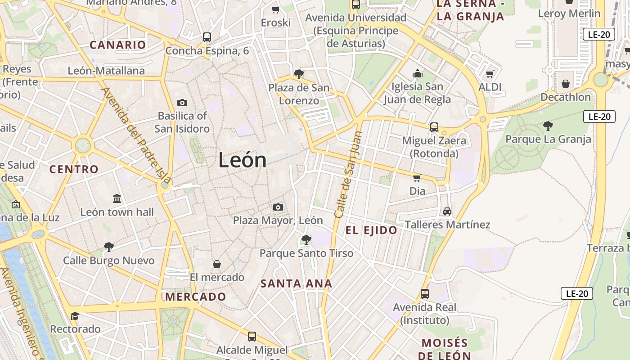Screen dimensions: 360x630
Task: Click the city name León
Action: pyautogui.click(x=242, y=160)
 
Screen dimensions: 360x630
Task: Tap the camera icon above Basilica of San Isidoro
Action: pyautogui.click(x=182, y=103)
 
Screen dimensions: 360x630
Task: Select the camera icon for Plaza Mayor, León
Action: pyautogui.click(x=278, y=207)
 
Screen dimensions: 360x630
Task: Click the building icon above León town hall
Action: pyautogui.click(x=117, y=198)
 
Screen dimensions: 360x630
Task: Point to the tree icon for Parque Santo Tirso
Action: pyautogui.click(x=306, y=239)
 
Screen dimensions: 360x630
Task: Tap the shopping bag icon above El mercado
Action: pyautogui.click(x=217, y=264)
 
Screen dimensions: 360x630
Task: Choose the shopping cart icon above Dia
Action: pyautogui.click(x=417, y=178)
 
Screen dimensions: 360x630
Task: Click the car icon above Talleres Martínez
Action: pyautogui.click(x=447, y=211)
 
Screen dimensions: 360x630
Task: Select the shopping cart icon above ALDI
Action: pyautogui.click(x=490, y=74)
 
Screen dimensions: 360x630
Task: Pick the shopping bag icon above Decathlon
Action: pyautogui.click(x=566, y=84)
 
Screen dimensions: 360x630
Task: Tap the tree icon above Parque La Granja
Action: pyautogui.click(x=548, y=126)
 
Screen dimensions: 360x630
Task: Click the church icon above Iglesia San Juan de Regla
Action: pyautogui.click(x=417, y=73)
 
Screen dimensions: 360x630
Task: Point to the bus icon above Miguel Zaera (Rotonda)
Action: pyautogui.click(x=434, y=127)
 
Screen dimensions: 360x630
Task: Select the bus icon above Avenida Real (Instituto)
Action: pyautogui.click(x=424, y=294)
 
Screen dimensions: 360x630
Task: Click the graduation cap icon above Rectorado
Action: pyautogui.click(x=75, y=316)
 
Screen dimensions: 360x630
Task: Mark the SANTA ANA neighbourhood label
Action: pyautogui.click(x=296, y=283)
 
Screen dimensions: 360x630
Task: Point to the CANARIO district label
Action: pyautogui.click(x=117, y=45)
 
